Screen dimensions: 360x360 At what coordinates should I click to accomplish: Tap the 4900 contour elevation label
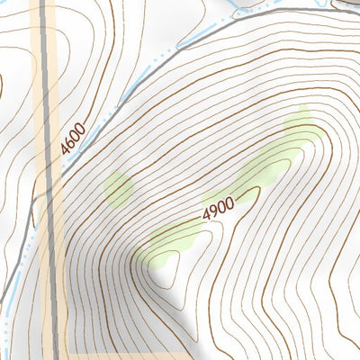218,208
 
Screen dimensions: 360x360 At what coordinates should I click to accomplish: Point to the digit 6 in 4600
70,143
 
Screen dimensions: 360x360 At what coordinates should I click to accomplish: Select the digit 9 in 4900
212,210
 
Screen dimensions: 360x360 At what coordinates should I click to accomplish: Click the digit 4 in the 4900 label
205,213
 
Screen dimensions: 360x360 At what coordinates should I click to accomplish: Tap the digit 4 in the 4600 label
66,150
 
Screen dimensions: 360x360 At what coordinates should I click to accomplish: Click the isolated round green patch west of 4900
119,187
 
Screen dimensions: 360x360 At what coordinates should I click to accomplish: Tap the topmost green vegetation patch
299,124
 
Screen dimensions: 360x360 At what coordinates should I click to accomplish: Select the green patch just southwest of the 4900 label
175,238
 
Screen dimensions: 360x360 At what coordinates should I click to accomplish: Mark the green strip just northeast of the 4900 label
261,166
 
